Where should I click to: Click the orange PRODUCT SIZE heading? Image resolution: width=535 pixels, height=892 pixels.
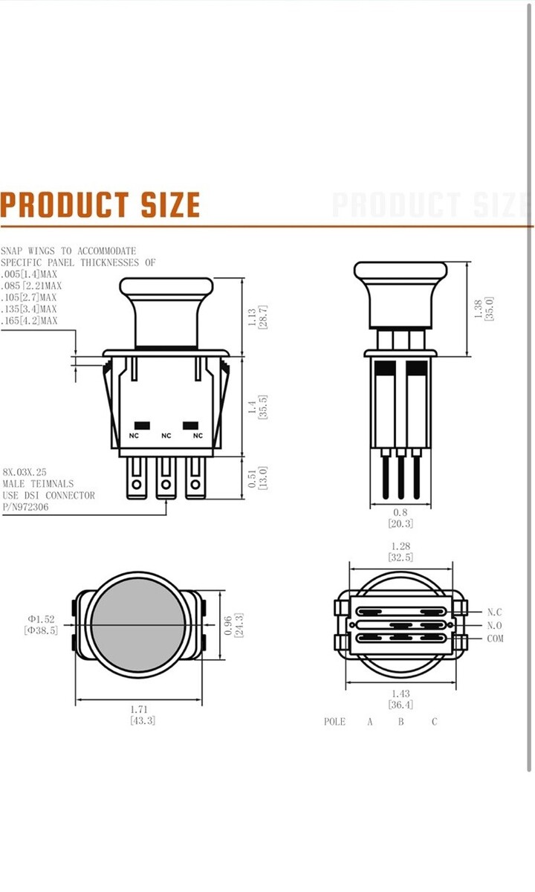point(100,204)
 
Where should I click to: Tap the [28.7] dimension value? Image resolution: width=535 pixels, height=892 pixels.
point(262,317)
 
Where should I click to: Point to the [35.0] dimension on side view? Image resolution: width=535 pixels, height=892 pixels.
point(489,308)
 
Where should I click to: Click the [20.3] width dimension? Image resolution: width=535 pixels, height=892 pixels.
point(401,523)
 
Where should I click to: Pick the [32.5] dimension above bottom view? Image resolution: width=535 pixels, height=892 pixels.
point(401,557)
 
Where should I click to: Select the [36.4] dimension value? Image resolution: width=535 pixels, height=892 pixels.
point(401,704)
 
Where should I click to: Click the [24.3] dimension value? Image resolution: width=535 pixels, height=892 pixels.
point(238,625)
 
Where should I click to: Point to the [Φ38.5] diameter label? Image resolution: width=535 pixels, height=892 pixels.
point(40,630)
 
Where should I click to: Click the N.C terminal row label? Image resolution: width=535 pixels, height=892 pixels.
point(495,612)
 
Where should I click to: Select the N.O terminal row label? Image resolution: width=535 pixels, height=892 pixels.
point(495,625)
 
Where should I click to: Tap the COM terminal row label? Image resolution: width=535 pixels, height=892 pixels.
point(495,639)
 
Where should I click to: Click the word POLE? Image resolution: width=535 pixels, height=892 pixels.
point(335,722)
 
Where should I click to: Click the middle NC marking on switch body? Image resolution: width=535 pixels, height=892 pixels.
point(166,436)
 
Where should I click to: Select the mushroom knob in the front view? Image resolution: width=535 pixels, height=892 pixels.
point(166,308)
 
